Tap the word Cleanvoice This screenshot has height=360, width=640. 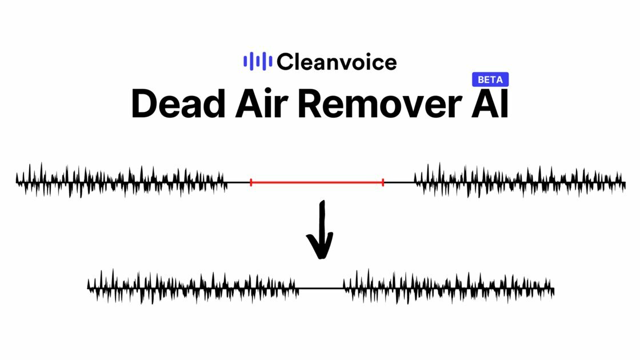(337, 61)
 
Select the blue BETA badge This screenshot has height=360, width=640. (490, 80)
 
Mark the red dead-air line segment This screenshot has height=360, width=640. (317, 182)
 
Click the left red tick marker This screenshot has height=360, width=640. (251, 182)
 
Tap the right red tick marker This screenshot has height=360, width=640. (383, 182)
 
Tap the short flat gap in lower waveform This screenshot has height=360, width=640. (321, 288)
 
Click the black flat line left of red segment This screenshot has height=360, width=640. (238, 182)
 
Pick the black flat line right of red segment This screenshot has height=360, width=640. (399, 182)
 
